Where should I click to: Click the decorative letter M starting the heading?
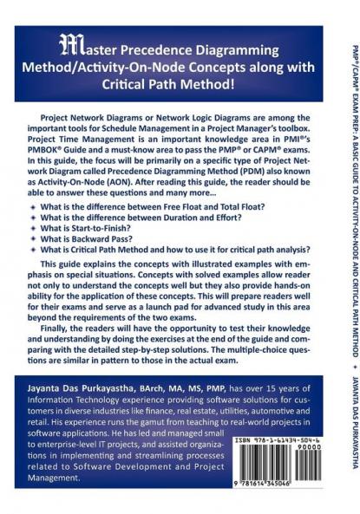click(65, 47)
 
